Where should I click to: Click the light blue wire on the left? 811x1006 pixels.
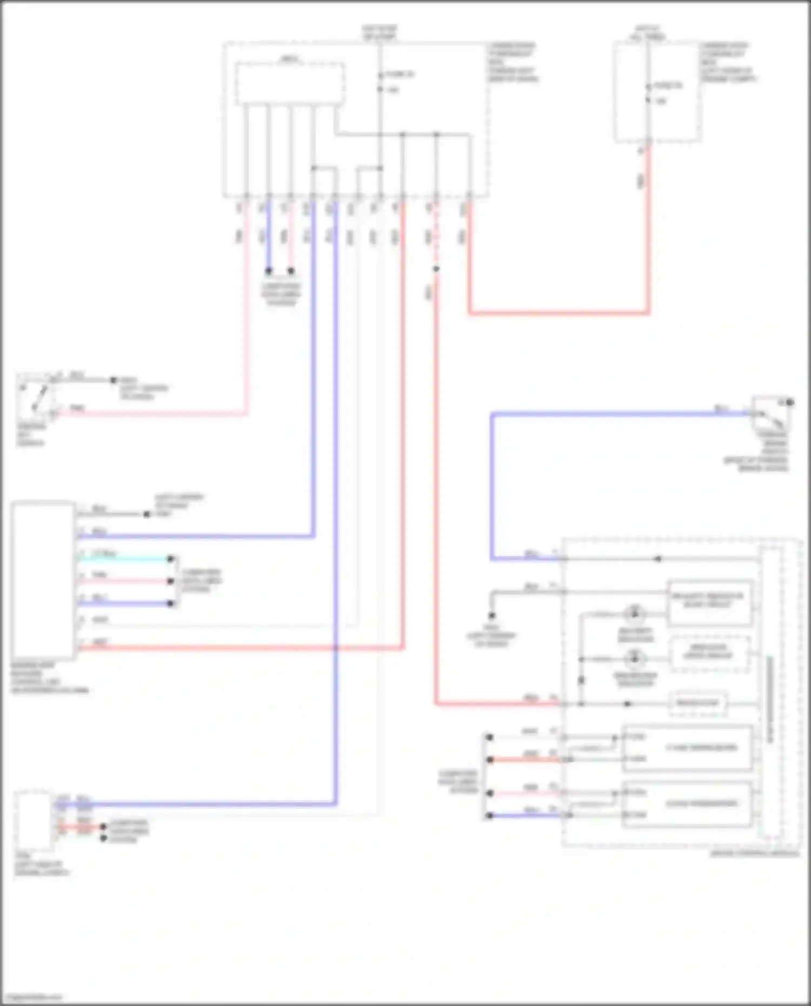(124, 558)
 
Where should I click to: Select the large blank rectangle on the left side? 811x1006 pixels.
(43, 581)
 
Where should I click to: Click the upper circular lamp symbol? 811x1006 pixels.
(635, 614)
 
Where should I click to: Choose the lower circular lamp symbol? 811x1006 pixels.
(635, 659)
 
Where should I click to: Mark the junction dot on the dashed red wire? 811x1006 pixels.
(436, 269)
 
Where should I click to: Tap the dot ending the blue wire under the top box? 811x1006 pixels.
(269, 271)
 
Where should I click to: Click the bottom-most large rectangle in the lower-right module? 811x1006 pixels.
(687, 804)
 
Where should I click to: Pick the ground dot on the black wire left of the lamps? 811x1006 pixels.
(491, 615)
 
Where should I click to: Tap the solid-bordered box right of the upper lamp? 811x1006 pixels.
(709, 602)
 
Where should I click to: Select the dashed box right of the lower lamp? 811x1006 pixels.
(709, 654)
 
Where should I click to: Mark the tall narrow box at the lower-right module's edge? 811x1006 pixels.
(770, 692)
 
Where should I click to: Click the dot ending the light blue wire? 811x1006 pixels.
(171, 558)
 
